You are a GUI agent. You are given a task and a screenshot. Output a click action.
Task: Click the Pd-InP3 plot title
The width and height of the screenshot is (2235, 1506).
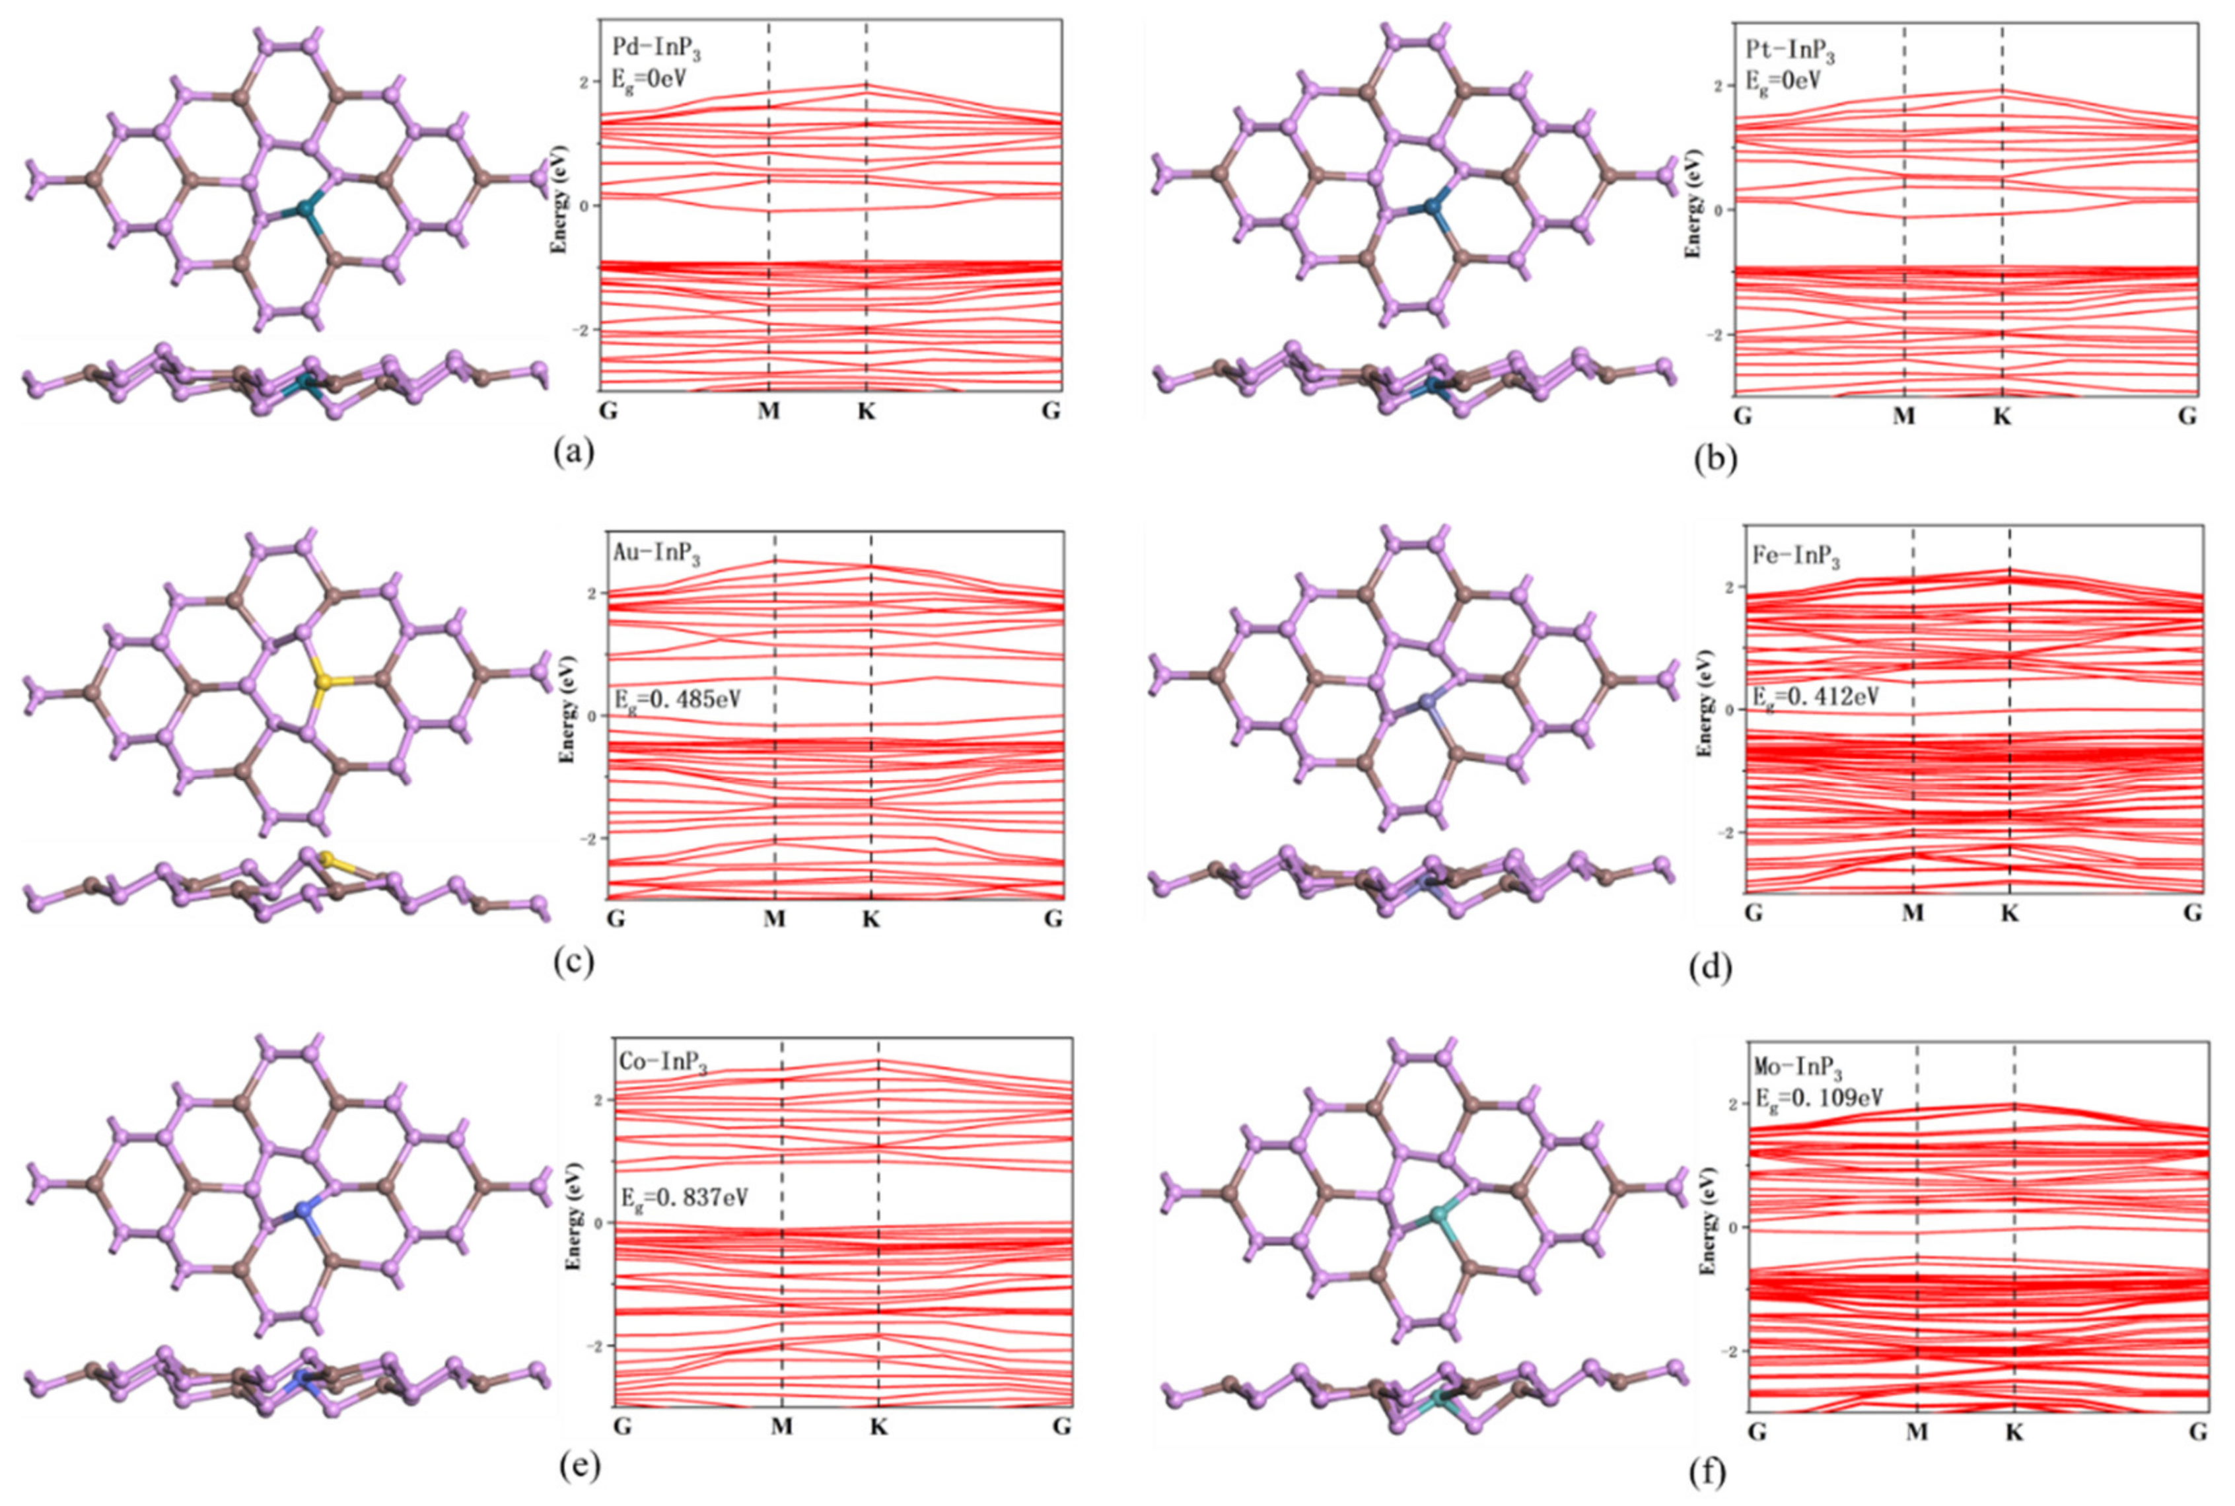(x=656, y=49)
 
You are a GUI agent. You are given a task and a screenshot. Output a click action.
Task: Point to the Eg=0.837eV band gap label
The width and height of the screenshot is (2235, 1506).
(x=684, y=1197)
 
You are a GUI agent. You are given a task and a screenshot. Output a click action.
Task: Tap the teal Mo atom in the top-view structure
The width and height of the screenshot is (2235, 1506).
(x=1438, y=1215)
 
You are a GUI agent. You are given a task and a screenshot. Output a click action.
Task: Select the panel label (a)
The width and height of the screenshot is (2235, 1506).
(x=575, y=451)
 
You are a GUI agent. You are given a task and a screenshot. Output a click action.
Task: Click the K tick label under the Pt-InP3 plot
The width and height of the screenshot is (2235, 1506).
(x=2002, y=417)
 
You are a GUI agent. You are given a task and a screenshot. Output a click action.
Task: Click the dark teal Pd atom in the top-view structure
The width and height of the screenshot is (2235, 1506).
(x=307, y=207)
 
